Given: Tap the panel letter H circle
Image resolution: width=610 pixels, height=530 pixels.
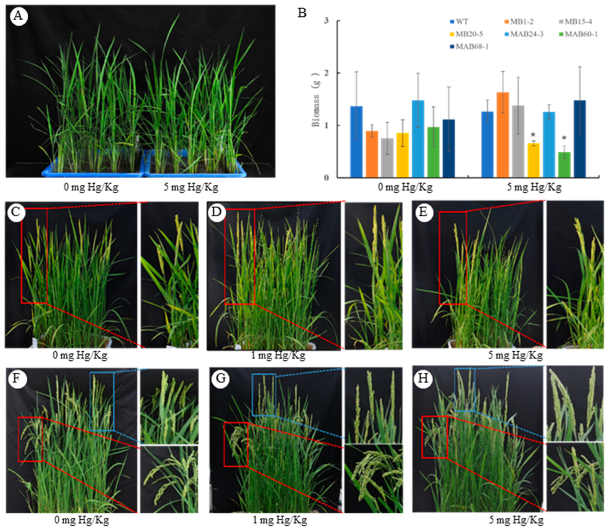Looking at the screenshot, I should [423, 378].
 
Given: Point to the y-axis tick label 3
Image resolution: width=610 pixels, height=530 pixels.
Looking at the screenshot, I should [326, 21].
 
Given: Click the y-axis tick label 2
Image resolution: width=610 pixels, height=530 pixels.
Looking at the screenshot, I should [326, 73].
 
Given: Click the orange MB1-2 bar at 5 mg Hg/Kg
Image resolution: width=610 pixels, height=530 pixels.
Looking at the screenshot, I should [503, 135].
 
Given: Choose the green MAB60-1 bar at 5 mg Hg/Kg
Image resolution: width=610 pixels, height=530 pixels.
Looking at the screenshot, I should [564, 165].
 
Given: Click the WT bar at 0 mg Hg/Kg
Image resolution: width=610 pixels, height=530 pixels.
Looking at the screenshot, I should [356, 142].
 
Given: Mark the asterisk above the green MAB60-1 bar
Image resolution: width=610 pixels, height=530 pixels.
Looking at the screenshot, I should [564, 138].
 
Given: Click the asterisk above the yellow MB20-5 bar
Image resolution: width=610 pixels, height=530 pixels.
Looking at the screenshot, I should [533, 135].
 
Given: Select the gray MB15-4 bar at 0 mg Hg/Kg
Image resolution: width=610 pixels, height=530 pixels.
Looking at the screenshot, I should [387, 158].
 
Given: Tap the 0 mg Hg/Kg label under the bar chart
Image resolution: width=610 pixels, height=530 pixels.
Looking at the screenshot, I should [405, 187].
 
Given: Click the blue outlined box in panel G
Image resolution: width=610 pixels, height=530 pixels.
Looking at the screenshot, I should [264, 395].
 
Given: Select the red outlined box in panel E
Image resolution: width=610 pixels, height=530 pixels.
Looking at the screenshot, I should [453, 258].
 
